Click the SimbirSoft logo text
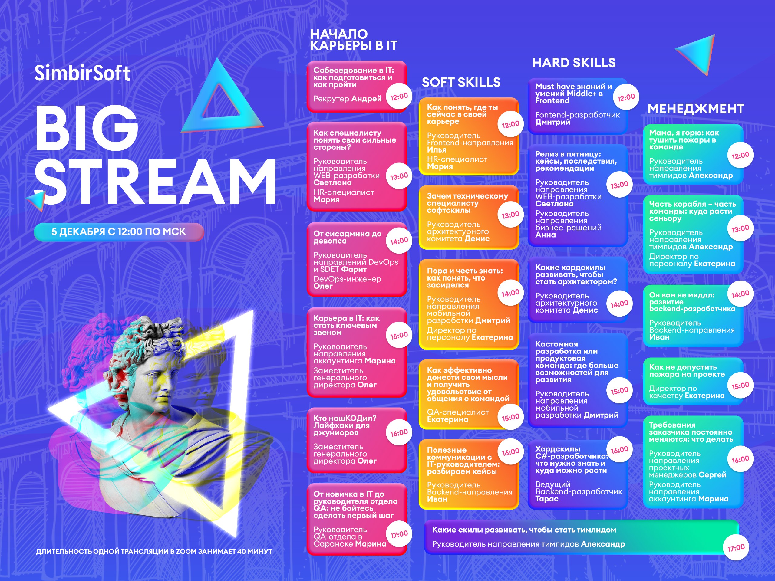[x=82, y=74]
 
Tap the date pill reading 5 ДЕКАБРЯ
[x=119, y=232]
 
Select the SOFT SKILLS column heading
[x=461, y=82]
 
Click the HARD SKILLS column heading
[x=574, y=63]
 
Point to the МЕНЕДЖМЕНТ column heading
[x=695, y=109]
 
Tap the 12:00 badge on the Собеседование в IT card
[x=399, y=96]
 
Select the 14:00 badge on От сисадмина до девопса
[x=399, y=241]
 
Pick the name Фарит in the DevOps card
[x=354, y=269]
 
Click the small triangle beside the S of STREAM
[x=36, y=201]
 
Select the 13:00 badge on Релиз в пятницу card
[x=619, y=185]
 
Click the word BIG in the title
[x=87, y=128]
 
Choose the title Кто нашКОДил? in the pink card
[x=345, y=418]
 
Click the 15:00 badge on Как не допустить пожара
[x=740, y=386]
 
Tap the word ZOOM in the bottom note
[x=186, y=551]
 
